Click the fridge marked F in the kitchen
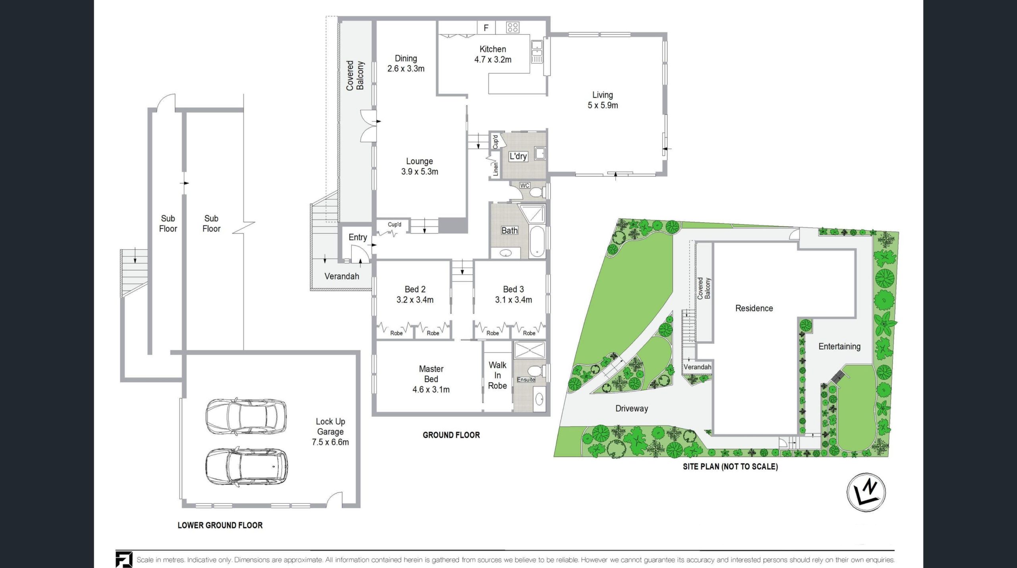[x=486, y=28]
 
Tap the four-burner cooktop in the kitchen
[x=512, y=27]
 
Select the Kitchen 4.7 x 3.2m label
[x=493, y=54]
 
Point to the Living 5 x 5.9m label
[x=603, y=100]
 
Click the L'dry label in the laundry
[x=518, y=156]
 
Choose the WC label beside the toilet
[x=524, y=185]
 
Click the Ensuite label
[x=526, y=380]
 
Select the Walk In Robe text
[x=497, y=375]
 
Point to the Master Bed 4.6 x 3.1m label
[x=431, y=379]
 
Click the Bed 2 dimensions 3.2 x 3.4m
[x=415, y=300]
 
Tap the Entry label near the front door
[x=358, y=237]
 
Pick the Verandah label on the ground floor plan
[x=342, y=276]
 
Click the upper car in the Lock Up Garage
[x=246, y=416]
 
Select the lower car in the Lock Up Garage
[x=247, y=467]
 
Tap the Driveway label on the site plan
[x=632, y=408]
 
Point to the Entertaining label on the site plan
[x=839, y=347]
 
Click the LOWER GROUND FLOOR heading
[x=220, y=525]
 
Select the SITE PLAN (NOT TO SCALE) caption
[x=730, y=466]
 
